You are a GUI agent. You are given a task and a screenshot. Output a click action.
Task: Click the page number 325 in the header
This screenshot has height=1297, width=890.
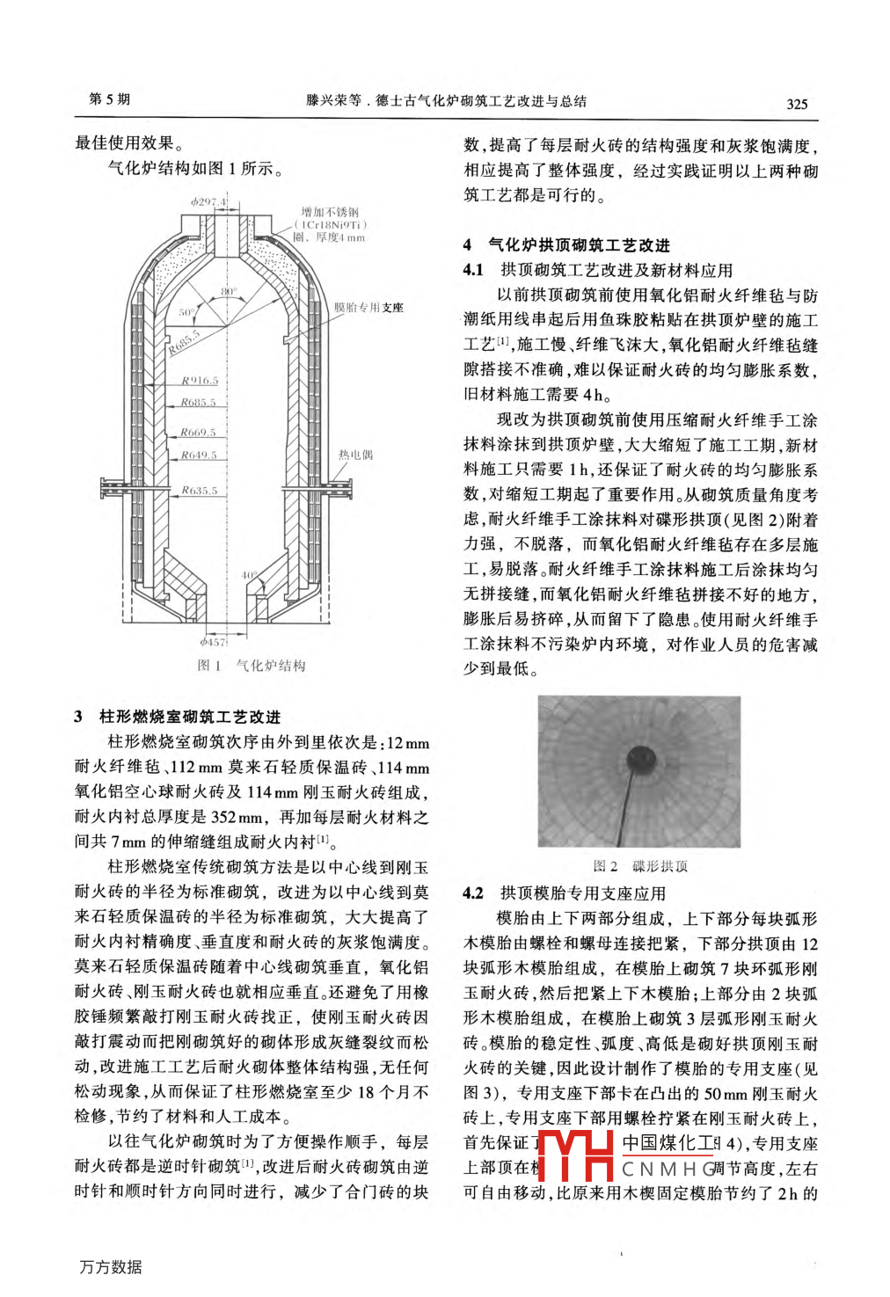coord(796,104)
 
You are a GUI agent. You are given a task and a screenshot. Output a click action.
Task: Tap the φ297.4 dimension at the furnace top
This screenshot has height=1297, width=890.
coord(208,201)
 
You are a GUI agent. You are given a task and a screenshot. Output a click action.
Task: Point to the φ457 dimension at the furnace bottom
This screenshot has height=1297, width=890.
coord(214,642)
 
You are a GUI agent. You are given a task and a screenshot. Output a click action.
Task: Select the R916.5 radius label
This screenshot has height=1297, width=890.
coord(199,381)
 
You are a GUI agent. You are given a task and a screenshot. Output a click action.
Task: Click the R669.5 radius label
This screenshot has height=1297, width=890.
coord(198,433)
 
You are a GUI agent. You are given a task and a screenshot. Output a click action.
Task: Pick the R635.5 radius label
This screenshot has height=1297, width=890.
coord(199,491)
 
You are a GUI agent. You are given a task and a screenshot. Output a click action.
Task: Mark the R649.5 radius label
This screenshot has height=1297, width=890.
coord(198,455)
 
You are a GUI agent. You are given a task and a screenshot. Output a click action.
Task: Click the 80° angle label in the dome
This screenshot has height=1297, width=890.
coord(229,291)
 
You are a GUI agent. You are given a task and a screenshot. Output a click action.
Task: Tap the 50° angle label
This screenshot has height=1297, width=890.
coord(186,312)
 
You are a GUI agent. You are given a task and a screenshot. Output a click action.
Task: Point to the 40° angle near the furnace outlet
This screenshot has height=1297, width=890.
coord(250,576)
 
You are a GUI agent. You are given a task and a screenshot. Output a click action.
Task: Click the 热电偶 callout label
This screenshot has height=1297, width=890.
coord(355,455)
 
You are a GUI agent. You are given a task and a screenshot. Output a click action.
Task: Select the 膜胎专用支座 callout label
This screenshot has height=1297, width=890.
coord(368,308)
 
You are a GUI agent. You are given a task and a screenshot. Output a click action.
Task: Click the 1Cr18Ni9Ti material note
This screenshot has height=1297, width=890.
coord(331,224)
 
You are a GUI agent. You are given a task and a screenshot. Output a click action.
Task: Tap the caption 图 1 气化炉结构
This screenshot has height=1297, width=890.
coord(252,666)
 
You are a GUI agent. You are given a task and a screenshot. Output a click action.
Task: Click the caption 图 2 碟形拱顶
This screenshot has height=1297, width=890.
coord(640,866)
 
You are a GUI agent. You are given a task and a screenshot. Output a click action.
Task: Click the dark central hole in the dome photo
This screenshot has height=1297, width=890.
coord(639,761)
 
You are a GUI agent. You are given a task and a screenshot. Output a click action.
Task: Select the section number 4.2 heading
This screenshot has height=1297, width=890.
coord(473,893)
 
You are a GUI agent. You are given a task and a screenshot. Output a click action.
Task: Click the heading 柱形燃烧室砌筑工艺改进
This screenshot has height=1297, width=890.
coord(189,717)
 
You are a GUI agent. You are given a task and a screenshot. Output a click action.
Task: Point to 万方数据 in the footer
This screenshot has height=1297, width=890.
coord(110,1267)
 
